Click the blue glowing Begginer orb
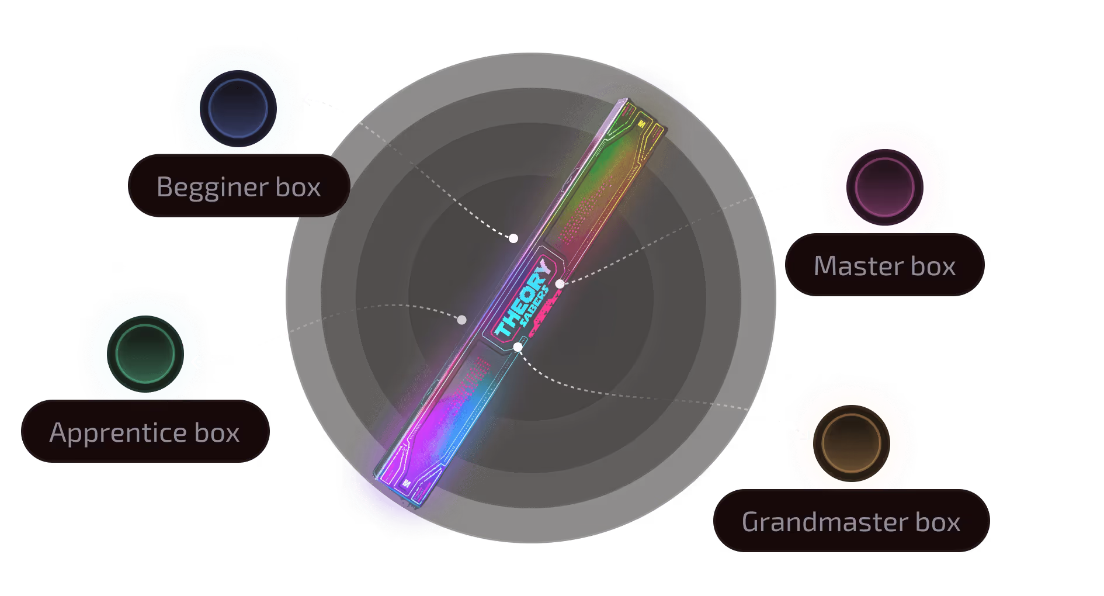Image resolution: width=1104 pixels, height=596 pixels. [238, 109]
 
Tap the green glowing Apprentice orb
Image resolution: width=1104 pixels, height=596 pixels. [145, 354]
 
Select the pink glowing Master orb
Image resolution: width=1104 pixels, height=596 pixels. [884, 187]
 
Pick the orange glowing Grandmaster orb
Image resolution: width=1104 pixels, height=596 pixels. [851, 443]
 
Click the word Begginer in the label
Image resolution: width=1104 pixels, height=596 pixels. [212, 188]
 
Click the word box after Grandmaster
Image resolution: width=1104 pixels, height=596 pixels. [938, 522]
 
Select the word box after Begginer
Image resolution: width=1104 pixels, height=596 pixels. [298, 188]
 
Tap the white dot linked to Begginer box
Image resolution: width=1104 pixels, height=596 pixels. [513, 238]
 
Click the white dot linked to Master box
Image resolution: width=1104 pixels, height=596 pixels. [560, 284]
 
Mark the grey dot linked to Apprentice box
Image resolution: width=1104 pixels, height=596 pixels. [461, 320]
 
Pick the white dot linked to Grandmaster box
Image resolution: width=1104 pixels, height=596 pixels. [518, 347]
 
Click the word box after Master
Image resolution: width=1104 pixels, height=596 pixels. [933, 266]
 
